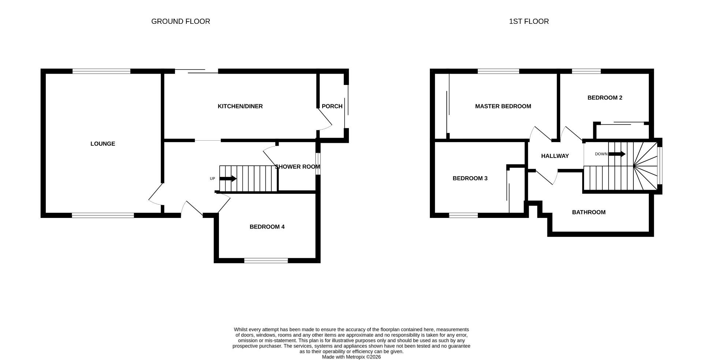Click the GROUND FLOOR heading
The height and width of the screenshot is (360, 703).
181,21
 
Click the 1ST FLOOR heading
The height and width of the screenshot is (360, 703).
529,21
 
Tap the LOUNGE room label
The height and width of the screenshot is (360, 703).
103,144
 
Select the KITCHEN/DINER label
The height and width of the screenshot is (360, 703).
240,106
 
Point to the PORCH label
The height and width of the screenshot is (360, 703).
332,106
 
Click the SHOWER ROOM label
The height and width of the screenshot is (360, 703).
297,167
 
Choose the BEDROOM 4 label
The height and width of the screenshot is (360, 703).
267,227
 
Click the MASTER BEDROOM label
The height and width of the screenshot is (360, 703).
503,106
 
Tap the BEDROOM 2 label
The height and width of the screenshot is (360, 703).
605,97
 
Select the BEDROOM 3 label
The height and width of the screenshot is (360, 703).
470,178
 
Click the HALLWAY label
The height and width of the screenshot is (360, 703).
555,156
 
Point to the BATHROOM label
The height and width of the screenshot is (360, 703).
588,212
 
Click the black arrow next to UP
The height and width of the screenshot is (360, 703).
228,179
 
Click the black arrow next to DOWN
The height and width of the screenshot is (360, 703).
617,154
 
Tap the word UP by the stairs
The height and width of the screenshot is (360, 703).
212,179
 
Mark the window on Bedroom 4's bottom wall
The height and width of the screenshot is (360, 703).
266,260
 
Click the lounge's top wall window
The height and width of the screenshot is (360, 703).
101,71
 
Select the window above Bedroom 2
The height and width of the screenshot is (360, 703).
586,71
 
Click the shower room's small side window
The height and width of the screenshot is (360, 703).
318,164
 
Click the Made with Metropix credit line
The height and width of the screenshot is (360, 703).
351,357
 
